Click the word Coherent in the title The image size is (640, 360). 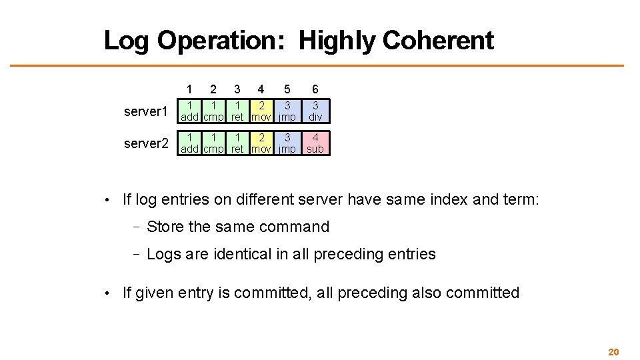pos(438,41)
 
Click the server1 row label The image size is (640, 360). pos(146,111)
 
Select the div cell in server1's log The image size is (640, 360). pos(315,111)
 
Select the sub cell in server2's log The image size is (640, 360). pos(315,143)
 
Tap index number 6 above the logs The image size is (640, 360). pos(315,89)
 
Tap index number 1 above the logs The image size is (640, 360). pos(190,89)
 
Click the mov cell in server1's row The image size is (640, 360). pos(261,111)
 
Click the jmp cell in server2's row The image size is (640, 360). pos(287,143)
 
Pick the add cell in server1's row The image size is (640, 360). pos(190,111)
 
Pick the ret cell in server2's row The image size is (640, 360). pos(237,143)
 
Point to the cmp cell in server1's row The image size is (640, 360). pos(213,111)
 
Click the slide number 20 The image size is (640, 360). pos(613,352)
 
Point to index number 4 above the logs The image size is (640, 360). pos(261,89)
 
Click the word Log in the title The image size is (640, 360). pos(127,41)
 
